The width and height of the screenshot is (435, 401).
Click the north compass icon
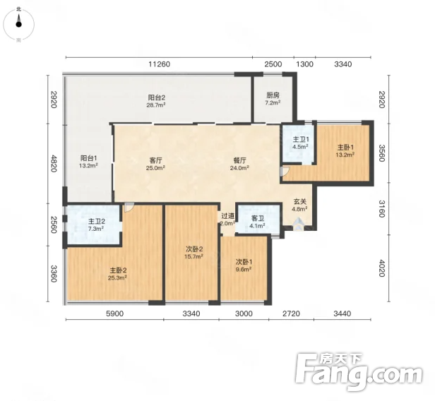(18, 24)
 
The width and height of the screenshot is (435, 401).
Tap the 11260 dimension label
(159, 64)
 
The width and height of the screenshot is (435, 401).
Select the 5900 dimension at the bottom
(115, 313)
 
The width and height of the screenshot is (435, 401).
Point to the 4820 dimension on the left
(54, 164)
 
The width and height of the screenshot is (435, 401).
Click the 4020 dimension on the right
(381, 268)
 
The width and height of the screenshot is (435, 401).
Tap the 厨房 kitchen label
(273, 95)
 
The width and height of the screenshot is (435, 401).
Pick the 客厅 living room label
(155, 160)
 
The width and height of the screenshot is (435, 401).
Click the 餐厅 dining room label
(239, 160)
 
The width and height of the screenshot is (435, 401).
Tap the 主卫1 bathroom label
(301, 140)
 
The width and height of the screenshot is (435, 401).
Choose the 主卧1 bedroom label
(345, 148)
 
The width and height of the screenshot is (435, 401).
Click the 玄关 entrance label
(299, 202)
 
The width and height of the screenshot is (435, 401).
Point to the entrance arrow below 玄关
(298, 224)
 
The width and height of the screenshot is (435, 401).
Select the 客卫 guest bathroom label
(258, 219)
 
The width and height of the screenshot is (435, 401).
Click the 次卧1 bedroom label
(244, 262)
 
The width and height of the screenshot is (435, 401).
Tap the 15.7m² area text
(193, 256)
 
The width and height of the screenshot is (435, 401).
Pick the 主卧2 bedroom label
(118, 270)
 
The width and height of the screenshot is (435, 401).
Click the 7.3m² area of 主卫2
(96, 229)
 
